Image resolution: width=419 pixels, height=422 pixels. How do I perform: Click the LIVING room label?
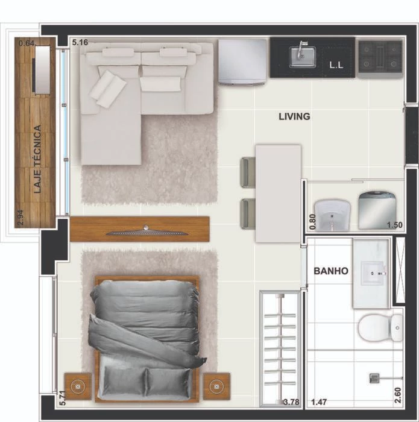coord(294,116)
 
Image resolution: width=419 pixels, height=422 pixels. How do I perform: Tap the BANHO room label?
coord(331,271)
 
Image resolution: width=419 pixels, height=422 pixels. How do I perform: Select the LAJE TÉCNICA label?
coord(37,159)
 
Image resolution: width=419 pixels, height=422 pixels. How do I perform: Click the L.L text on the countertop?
coord(336,65)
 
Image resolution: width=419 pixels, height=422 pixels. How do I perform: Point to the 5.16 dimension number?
coord(80,43)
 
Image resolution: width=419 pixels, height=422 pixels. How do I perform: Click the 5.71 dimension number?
coord(62,398)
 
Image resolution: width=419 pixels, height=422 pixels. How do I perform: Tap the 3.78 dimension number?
coord(291,402)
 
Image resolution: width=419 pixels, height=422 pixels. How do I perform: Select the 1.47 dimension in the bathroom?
coord(319,402)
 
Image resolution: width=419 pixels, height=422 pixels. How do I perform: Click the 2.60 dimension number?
coord(398,395)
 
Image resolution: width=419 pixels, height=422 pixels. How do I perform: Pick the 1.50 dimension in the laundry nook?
coord(395,225)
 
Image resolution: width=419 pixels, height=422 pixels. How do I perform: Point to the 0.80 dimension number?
coord(312,222)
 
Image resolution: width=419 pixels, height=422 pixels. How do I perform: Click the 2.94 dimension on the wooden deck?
coord(20,218)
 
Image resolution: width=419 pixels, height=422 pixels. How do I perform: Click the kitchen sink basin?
coord(302,57)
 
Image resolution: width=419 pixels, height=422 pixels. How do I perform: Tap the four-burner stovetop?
coord(380,57)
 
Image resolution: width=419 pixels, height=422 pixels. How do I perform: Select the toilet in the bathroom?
coord(380,328)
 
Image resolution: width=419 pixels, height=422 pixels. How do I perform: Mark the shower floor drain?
coord(374,378)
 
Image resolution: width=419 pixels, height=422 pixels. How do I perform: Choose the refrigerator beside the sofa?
coord(242,62)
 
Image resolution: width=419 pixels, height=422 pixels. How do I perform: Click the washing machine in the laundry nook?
coord(377,210)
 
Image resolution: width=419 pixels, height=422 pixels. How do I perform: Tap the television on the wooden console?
coord(146,232)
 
